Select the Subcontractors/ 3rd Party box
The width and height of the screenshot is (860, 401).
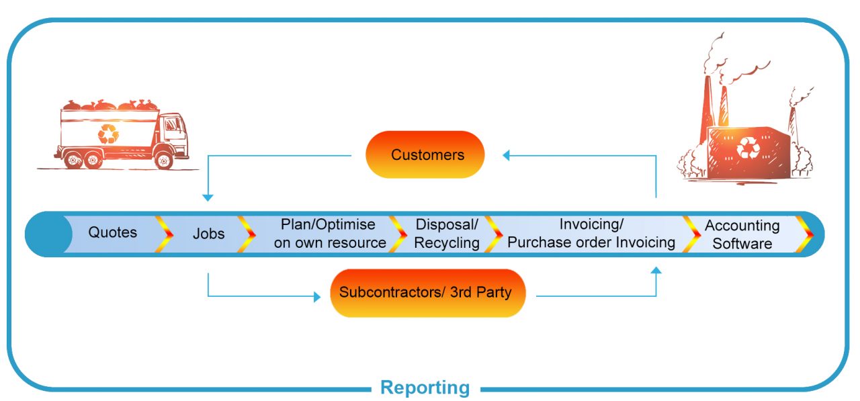(x=427, y=293)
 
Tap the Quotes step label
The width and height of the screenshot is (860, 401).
(x=112, y=232)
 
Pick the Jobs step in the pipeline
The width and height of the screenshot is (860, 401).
(x=208, y=234)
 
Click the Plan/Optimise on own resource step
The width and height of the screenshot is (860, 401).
(x=329, y=234)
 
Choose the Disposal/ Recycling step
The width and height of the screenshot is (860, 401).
(x=446, y=234)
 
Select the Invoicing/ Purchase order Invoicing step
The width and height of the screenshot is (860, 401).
(x=591, y=234)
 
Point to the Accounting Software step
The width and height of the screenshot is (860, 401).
(x=742, y=234)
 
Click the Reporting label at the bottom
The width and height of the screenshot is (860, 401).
(x=425, y=388)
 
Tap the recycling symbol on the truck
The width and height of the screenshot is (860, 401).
(x=107, y=134)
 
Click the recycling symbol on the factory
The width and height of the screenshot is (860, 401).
(x=747, y=147)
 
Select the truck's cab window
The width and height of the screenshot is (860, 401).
(x=173, y=126)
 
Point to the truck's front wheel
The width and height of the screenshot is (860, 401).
(x=163, y=161)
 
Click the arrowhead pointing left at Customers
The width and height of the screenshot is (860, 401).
(x=507, y=155)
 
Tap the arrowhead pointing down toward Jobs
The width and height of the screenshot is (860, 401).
(x=208, y=197)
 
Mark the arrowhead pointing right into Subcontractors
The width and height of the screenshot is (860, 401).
(x=317, y=296)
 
